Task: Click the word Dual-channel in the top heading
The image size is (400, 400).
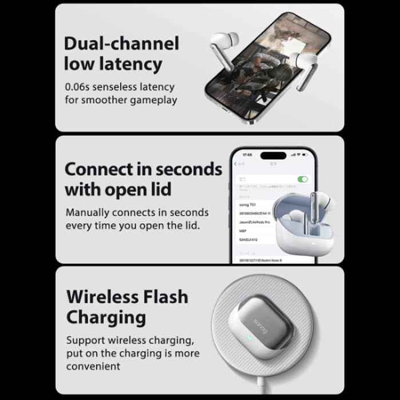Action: pos(121,43)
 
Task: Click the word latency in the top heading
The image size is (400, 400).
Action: pos(129,63)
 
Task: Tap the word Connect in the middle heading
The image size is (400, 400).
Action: pos(100,169)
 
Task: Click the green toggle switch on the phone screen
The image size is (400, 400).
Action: pos(303,179)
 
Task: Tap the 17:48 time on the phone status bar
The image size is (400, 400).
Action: pos(246,155)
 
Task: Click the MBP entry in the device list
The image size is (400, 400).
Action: pos(243,231)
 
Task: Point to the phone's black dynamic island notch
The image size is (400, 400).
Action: pos(273,155)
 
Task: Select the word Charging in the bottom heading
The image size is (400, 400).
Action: pos(106,317)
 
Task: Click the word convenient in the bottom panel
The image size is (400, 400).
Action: pos(93,366)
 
